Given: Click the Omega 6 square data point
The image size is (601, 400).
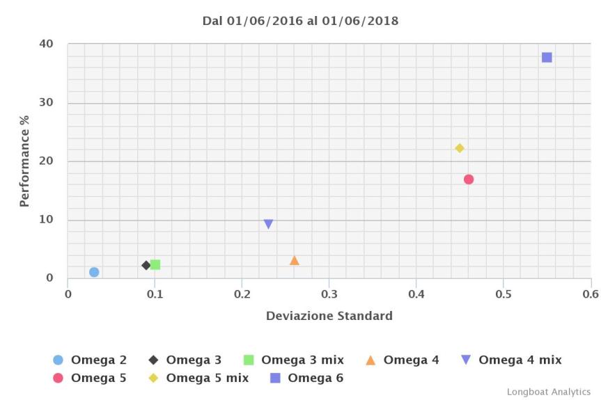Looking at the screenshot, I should point(547,57).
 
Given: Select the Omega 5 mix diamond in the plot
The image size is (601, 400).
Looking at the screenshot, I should point(460,148).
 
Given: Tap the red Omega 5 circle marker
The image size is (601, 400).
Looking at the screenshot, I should point(469,179).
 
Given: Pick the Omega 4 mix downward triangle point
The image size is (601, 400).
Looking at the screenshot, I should point(268,224).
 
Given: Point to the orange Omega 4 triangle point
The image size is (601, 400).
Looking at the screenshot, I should point(295,260).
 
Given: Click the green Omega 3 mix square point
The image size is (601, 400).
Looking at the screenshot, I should point(155,265).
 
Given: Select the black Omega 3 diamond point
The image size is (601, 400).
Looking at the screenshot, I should point(146,265).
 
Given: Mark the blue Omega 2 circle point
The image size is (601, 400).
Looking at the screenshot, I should point(94,272).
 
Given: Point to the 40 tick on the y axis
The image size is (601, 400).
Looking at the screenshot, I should point(47,44).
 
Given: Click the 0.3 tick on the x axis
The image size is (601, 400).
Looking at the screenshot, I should point(329,294).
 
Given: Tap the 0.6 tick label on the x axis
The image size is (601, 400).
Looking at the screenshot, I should point(591,294).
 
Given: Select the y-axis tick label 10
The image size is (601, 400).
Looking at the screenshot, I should point(47,220).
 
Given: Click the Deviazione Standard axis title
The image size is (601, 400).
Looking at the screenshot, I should point(329,316).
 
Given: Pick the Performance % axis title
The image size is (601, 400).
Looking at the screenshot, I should point(24,161).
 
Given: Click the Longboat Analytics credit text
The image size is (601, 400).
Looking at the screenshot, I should point(548,392).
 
